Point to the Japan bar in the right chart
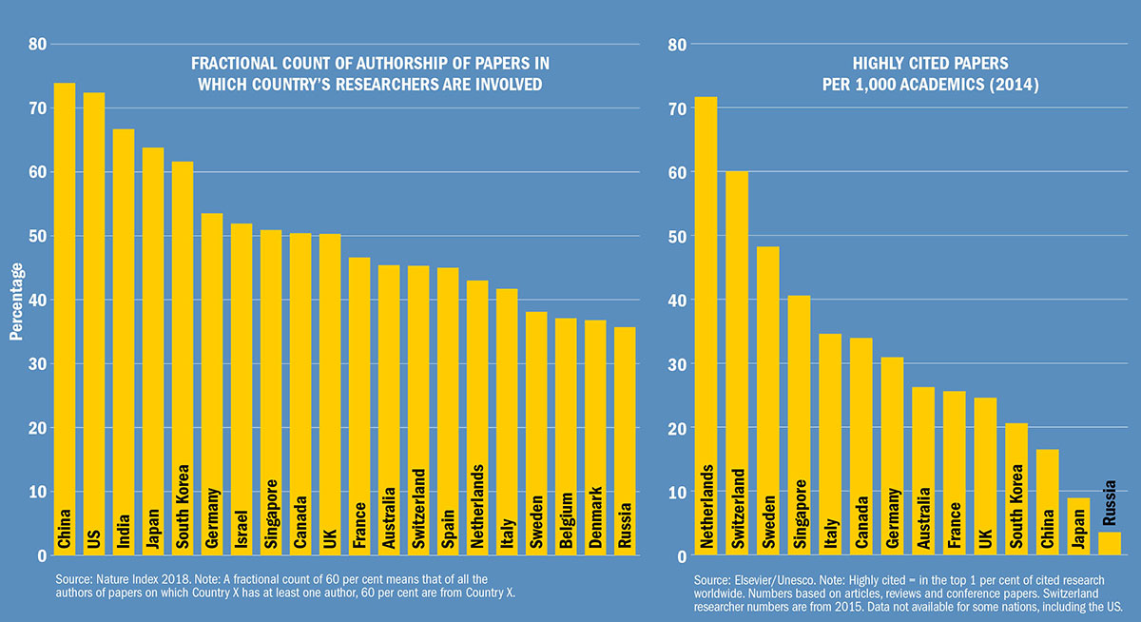pyautogui.click(x=1080, y=527)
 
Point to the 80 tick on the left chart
pyautogui.click(x=37, y=44)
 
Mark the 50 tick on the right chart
pyautogui.click(x=676, y=236)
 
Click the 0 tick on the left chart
pyautogui.click(x=42, y=555)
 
